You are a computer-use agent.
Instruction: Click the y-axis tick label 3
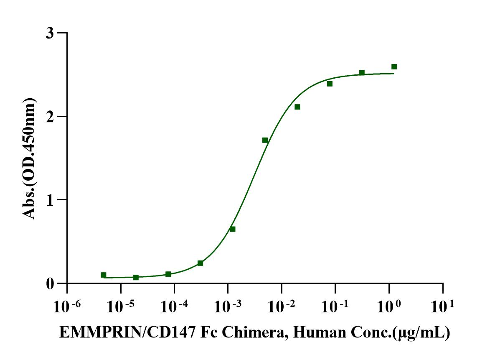pos(50,33)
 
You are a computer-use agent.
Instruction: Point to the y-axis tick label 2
pos(50,117)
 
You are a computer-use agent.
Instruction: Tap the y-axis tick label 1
pos(50,200)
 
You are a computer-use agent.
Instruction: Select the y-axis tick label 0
pos(50,284)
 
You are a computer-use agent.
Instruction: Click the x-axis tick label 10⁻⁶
pos(66,306)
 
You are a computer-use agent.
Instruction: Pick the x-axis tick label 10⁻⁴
pos(174,306)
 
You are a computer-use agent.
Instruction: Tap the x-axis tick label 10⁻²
pos(281,306)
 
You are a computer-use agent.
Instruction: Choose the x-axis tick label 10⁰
pos(388,306)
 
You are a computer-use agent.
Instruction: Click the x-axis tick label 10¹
pos(442,306)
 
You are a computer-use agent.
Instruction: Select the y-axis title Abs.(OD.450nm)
pos(29,158)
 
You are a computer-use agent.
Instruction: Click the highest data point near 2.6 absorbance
pos(394,67)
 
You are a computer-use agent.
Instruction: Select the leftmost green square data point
pos(103,275)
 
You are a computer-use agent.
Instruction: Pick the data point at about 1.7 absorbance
pos(265,140)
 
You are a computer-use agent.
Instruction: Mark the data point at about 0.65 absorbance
pos(233,229)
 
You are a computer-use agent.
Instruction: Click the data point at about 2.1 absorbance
pos(297,107)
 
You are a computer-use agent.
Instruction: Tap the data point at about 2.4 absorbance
pos(330,84)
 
